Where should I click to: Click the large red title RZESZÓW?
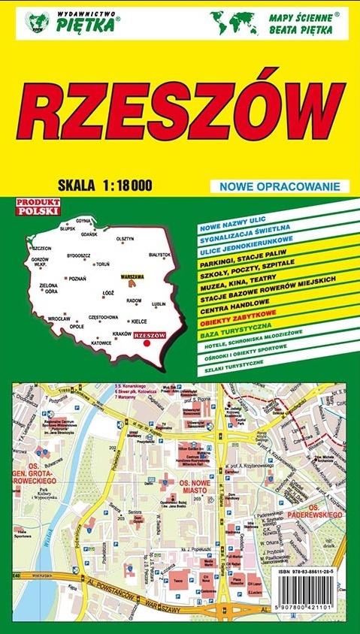(180, 112)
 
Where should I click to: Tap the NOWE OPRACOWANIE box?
(281, 186)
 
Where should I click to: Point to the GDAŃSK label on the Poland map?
(89, 234)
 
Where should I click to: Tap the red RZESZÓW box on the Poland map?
(148, 335)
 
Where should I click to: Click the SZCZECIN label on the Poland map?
(41, 248)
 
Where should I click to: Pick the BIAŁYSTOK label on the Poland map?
(160, 255)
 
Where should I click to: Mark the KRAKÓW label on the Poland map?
(121, 333)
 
